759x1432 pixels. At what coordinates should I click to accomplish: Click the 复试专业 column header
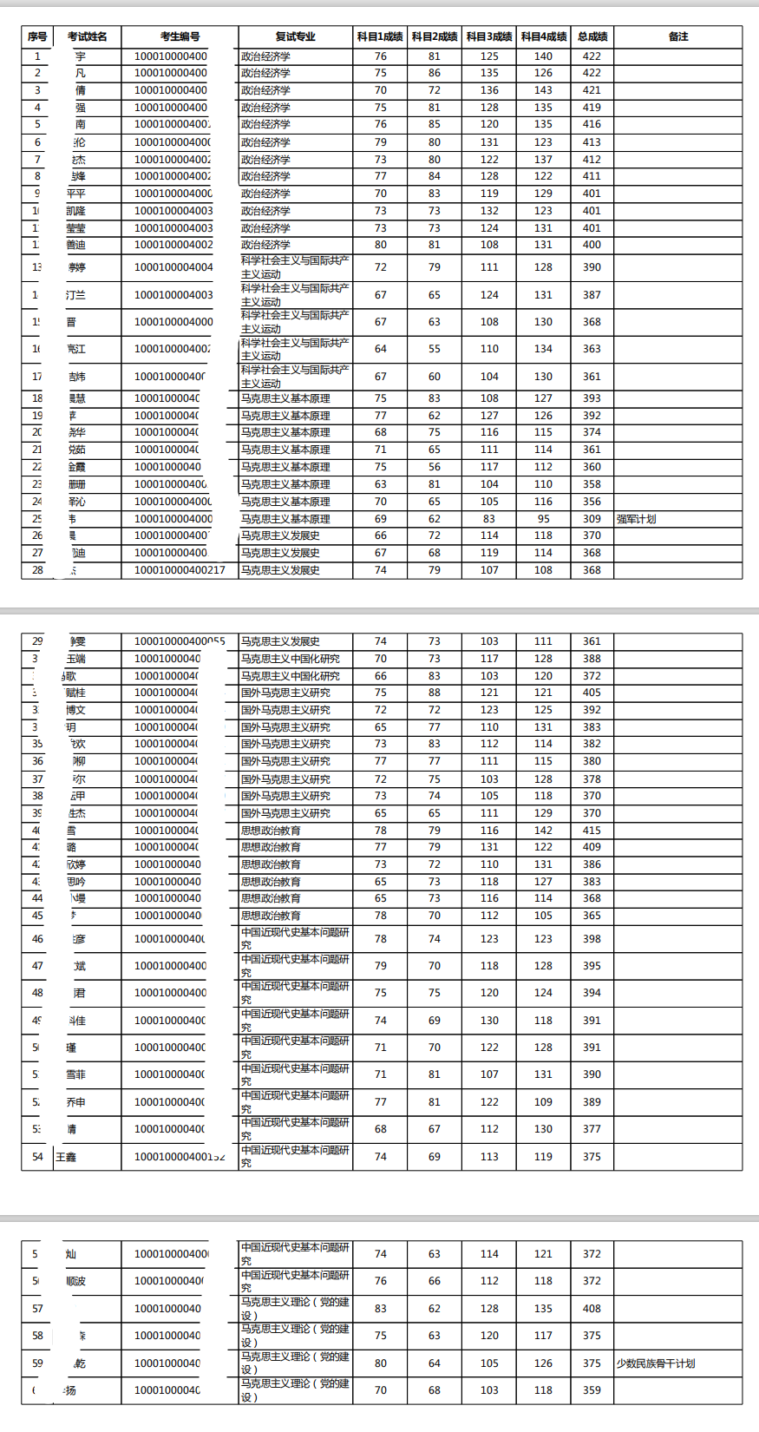pos(295,36)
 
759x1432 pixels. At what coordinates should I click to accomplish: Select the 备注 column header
pos(678,36)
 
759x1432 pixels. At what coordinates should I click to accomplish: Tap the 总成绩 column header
pos(592,36)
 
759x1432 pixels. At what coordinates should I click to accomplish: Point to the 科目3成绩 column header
pos(489,36)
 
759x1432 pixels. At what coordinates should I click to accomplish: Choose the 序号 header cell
pos(37,36)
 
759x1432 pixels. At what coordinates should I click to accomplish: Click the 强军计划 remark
pos(636,519)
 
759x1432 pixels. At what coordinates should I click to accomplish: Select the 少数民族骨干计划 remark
pos(656,1363)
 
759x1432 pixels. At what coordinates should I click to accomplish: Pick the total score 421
pos(592,90)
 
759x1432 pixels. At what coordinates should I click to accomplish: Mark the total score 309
pos(592,519)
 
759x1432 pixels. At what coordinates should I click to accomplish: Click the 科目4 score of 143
pos(543,90)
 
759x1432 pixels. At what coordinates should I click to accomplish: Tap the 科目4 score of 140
pos(543,56)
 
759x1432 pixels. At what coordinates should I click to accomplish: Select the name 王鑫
pos(66,1157)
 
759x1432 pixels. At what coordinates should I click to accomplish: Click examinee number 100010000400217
pos(180,570)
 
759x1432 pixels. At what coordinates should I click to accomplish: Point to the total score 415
pos(592,831)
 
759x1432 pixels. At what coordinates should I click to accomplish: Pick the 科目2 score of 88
pos(435,693)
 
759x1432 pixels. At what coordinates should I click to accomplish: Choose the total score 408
pos(592,1309)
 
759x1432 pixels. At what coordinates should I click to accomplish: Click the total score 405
pos(592,693)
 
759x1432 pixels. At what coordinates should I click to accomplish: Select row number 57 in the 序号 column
pos(37,1309)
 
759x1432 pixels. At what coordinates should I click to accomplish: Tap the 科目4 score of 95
pos(543,519)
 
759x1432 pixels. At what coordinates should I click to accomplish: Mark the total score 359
pos(592,1390)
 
